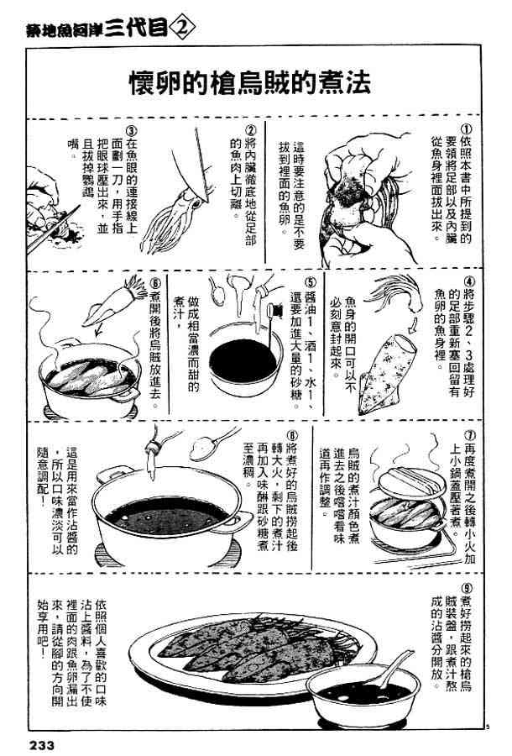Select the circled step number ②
[x=250, y=130]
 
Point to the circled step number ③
[x=131, y=131]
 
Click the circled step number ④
[x=469, y=281]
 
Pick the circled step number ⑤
[x=310, y=281]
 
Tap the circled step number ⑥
[x=155, y=282]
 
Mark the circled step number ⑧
[x=292, y=435]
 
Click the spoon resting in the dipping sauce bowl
[x=395, y=668]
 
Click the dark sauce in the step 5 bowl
[x=243, y=360]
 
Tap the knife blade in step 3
[x=53, y=228]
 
